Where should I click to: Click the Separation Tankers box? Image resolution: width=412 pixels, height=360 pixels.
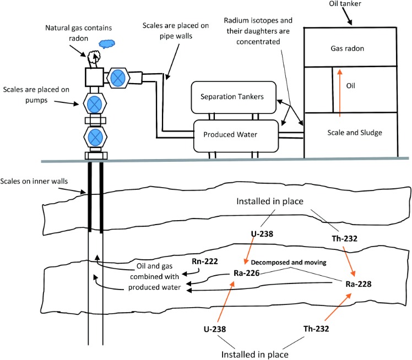[234, 97]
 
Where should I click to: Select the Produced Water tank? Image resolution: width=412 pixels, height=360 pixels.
[236, 136]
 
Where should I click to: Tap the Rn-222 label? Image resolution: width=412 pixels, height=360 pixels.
[205, 261]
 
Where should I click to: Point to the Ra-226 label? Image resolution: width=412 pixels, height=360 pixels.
[246, 273]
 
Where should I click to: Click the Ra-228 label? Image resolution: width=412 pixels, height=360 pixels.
[359, 284]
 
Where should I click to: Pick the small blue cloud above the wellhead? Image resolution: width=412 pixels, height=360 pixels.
[107, 43]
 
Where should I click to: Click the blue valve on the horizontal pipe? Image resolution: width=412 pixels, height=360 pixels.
[118, 78]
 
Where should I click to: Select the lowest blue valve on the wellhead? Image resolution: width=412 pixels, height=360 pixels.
[95, 137]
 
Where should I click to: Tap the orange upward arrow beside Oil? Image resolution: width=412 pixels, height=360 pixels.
[340, 93]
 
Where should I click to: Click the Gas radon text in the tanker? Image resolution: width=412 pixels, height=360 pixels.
[347, 48]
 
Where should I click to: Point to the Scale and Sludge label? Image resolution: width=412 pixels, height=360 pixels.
[355, 133]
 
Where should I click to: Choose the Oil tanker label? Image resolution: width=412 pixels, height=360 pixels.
[345, 4]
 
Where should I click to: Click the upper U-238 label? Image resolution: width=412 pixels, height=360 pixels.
[262, 234]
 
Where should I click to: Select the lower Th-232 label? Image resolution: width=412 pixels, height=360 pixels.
[316, 329]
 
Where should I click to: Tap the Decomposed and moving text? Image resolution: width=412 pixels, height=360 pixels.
[289, 263]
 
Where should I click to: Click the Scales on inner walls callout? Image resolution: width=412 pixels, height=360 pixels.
[34, 181]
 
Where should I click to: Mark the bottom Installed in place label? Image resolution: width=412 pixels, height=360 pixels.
[255, 354]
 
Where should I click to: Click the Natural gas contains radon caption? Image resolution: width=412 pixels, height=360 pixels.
[78, 33]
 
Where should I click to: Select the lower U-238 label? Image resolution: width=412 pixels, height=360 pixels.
[215, 329]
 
